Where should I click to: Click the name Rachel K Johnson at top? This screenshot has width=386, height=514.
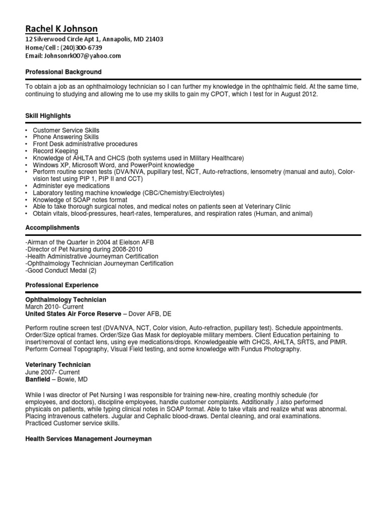tap(61, 29)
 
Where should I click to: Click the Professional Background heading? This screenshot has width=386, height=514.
tap(63, 72)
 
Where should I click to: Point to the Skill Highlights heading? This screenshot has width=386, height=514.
tap(48, 116)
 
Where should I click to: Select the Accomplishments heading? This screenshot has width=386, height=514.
tap(52, 228)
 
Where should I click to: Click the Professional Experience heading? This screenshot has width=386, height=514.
tap(62, 285)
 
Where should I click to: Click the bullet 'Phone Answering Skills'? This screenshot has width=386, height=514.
tap(66, 137)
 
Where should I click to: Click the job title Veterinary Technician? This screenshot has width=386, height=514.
tap(58, 365)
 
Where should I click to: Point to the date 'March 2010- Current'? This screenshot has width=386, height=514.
tap(54, 307)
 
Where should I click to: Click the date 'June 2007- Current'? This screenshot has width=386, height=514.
tap(52, 372)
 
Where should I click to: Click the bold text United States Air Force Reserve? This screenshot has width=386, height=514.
tap(73, 314)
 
